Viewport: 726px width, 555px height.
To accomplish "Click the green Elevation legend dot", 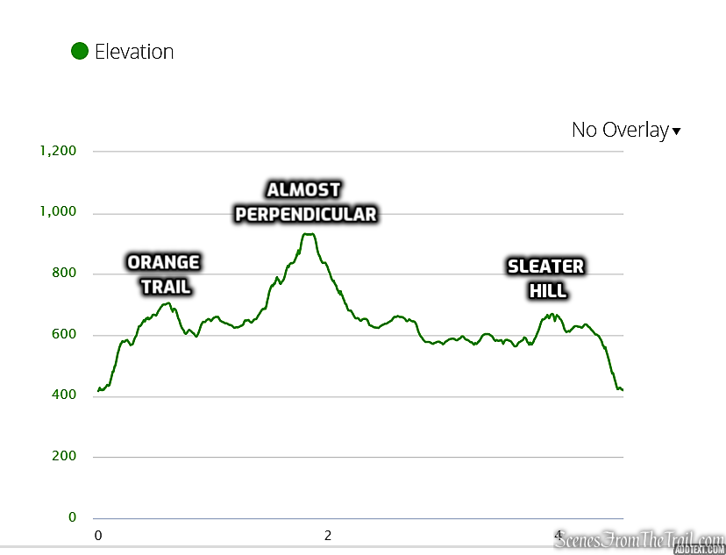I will pyautogui.click(x=80, y=52).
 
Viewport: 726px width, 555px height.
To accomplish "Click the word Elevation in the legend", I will pyautogui.click(x=134, y=52).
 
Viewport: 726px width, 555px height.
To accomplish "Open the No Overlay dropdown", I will pyautogui.click(x=620, y=130).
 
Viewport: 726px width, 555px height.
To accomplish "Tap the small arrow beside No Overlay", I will pyautogui.click(x=676, y=132).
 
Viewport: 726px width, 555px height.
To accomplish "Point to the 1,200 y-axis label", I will pyautogui.click(x=58, y=151).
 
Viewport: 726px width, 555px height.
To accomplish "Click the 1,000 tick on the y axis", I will pyautogui.click(x=58, y=212).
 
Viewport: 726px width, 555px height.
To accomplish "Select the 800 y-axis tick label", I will pyautogui.click(x=64, y=274).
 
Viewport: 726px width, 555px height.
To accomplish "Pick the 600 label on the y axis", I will pyautogui.click(x=64, y=334).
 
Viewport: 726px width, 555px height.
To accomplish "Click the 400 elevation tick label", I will pyautogui.click(x=64, y=395).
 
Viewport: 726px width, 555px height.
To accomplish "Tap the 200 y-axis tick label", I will pyautogui.click(x=64, y=456).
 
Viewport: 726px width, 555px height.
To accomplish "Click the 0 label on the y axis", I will pyautogui.click(x=72, y=517).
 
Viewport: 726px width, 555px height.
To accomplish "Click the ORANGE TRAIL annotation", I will pyautogui.click(x=164, y=274).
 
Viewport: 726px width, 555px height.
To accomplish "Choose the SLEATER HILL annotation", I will pyautogui.click(x=545, y=278).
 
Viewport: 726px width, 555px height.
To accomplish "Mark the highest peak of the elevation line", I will pyautogui.click(x=308, y=234).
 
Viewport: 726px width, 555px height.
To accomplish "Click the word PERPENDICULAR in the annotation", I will pyautogui.click(x=306, y=214).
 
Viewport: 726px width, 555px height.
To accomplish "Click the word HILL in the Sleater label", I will pyautogui.click(x=547, y=290).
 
